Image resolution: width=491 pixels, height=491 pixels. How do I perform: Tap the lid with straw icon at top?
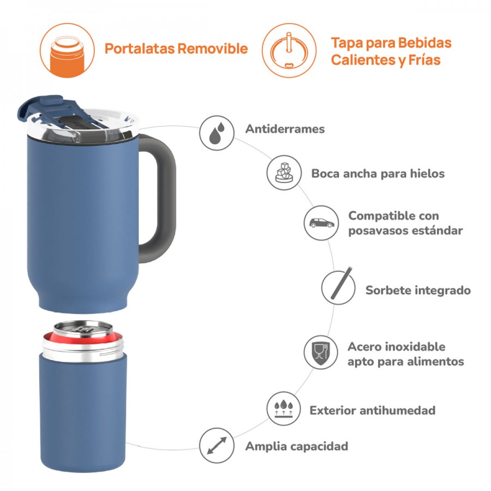click(x=289, y=50)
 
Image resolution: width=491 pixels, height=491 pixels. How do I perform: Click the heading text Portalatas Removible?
click(x=176, y=49)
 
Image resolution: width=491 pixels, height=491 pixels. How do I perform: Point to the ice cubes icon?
click(x=284, y=172)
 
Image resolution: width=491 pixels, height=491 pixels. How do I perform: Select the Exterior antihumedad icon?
click(x=284, y=410)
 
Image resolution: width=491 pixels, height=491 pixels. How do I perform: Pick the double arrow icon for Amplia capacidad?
click(x=217, y=445)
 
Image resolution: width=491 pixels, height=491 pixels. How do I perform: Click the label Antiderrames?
click(x=285, y=129)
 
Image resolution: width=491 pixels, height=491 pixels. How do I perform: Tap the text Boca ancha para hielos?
click(x=378, y=173)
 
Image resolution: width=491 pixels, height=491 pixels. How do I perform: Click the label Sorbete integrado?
click(x=417, y=290)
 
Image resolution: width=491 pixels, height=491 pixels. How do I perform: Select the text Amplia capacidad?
click(x=296, y=446)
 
